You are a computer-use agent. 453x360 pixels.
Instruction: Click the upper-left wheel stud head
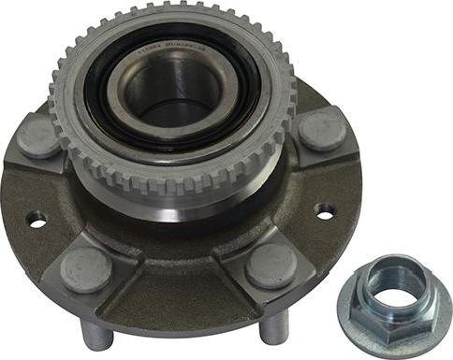tap(38, 137)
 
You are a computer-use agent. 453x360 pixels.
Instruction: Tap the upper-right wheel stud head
tap(322, 128)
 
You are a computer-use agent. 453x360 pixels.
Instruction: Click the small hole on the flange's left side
tap(36, 220)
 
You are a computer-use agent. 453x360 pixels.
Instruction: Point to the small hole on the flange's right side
tap(325, 211)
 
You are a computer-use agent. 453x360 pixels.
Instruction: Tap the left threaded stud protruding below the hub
tap(96, 334)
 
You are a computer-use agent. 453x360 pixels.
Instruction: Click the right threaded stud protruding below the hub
tap(273, 327)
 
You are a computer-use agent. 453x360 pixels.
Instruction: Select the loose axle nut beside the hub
tap(394, 297)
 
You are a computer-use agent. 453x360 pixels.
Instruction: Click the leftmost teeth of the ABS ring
tap(54, 94)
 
